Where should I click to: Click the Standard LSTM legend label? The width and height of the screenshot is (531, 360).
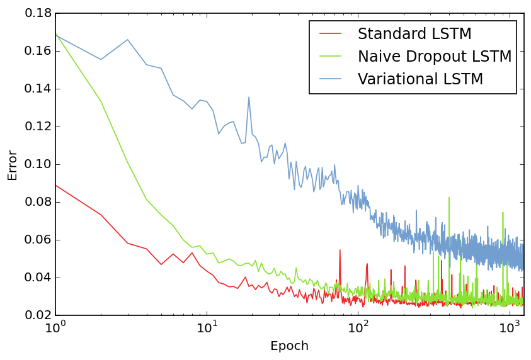tap(414, 34)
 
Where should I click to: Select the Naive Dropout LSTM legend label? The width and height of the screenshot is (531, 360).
tap(434, 57)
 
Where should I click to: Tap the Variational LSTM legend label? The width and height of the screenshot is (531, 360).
tap(420, 79)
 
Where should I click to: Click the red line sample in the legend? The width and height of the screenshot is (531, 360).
tap(331, 34)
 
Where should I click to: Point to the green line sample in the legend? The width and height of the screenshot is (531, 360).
tap(331, 57)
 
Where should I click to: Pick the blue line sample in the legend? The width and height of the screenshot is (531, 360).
tap(331, 79)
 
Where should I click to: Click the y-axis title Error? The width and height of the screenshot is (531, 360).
tap(13, 164)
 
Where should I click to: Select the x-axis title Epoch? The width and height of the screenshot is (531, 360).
tap(289, 346)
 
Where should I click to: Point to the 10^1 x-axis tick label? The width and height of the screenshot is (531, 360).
tap(207, 328)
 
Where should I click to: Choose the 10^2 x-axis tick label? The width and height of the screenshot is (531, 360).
tap(358, 328)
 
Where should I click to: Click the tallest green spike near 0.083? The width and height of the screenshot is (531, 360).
tap(449, 198)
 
